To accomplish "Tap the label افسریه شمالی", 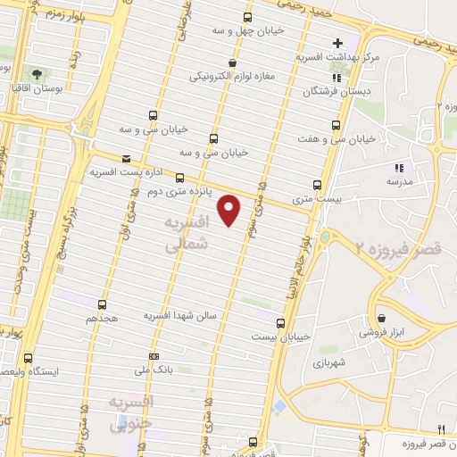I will point(188,230).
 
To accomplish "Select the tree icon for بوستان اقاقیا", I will point(37,74).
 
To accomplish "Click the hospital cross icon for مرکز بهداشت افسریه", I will point(338,43).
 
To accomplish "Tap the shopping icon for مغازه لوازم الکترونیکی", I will point(233,62).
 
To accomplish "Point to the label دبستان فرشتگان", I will point(323,91).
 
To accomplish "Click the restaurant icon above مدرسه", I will point(399,166).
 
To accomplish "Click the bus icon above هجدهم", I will point(103,304).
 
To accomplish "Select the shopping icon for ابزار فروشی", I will point(382,317).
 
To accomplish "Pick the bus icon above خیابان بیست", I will point(281,322).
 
